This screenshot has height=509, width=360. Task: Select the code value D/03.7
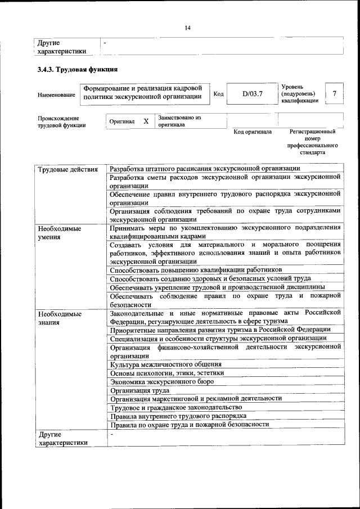(x=253, y=94)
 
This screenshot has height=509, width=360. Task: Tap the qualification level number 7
(x=335, y=93)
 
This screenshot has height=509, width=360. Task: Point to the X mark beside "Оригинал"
(x=146, y=121)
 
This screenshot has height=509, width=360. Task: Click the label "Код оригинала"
(x=253, y=132)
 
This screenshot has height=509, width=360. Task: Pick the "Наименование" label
(x=56, y=95)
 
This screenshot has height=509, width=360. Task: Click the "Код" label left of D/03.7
(x=219, y=94)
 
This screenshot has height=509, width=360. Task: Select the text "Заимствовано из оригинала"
(x=179, y=121)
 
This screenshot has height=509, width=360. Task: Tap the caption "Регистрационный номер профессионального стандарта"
(x=313, y=142)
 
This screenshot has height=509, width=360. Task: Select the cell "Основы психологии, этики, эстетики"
(x=167, y=373)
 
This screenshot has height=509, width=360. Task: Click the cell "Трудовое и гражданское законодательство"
(x=176, y=407)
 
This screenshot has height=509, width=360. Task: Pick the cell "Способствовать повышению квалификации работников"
(x=192, y=269)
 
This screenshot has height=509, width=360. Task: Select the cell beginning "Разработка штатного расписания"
(x=205, y=169)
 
